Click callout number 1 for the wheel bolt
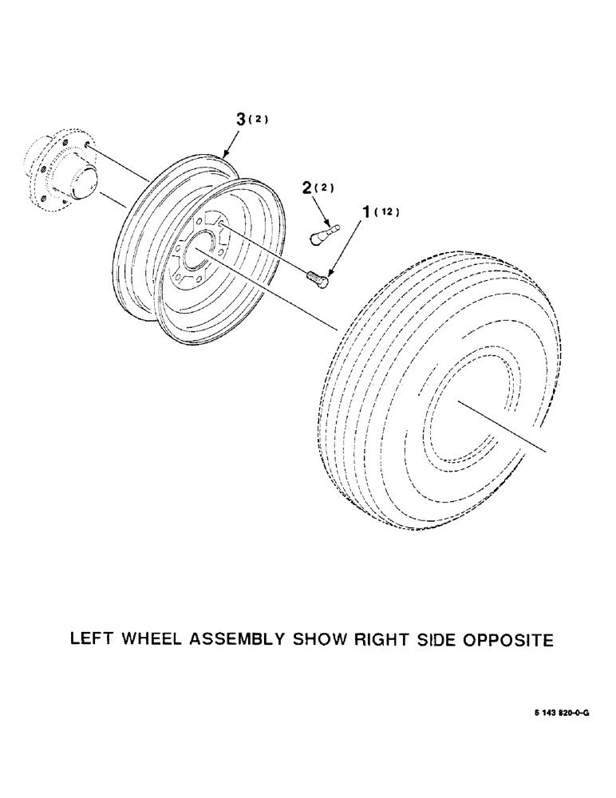point(368,213)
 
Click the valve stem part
point(323,233)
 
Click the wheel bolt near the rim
point(318,278)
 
